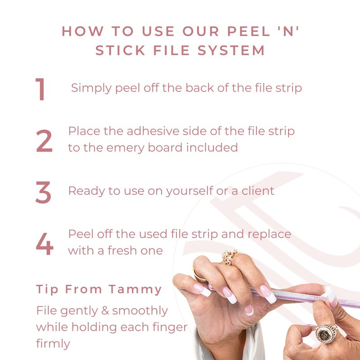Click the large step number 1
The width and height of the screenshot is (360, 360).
[x=40, y=89]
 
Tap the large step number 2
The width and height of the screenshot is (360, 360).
[x=44, y=141]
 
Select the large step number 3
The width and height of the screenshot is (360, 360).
[x=43, y=193]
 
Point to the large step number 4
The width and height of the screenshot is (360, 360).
[x=45, y=244]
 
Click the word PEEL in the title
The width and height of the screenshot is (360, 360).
[x=249, y=31]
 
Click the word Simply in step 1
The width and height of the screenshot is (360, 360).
[x=91, y=88]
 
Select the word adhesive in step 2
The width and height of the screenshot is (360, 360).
[x=153, y=131]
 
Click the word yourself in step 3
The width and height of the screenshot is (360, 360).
[x=189, y=191]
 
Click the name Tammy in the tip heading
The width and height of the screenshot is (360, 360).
[x=135, y=290]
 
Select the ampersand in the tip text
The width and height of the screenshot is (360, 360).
[x=105, y=310]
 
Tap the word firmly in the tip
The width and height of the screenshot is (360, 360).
[x=53, y=344]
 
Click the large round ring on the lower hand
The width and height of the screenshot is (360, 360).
[x=326, y=333]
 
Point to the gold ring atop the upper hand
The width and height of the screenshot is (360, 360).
[x=229, y=256]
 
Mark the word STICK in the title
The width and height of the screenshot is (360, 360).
[x=120, y=50]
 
